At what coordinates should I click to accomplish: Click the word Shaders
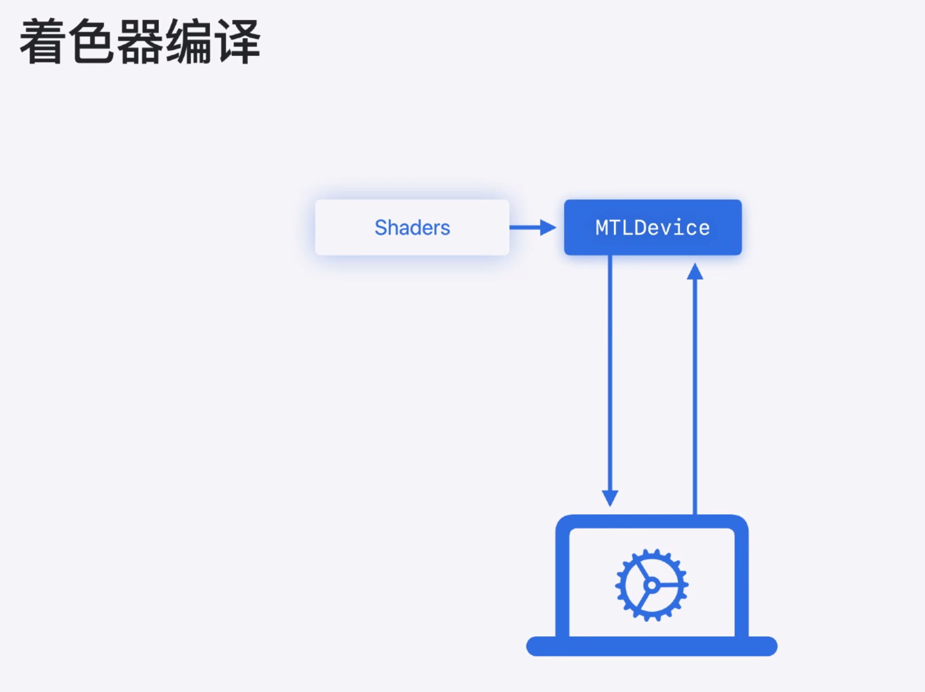[x=412, y=228]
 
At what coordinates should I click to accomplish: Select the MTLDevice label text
[x=653, y=228]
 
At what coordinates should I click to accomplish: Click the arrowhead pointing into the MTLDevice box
[x=547, y=227]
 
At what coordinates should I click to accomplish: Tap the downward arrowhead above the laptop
[x=610, y=498]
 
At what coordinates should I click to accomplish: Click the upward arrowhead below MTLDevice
[x=695, y=272]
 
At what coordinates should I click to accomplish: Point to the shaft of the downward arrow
[x=610, y=375]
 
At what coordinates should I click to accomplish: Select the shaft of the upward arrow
[x=695, y=394]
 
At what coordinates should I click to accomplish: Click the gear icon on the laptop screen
[x=652, y=585]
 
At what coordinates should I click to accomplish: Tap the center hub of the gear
[x=652, y=585]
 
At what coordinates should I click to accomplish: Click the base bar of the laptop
[x=652, y=646]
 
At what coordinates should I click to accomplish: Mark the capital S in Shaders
[x=380, y=228]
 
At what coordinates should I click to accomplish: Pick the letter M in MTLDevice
[x=601, y=228]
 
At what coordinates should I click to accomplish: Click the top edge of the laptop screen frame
[x=652, y=521]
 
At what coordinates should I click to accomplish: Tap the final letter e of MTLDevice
[x=704, y=228]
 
